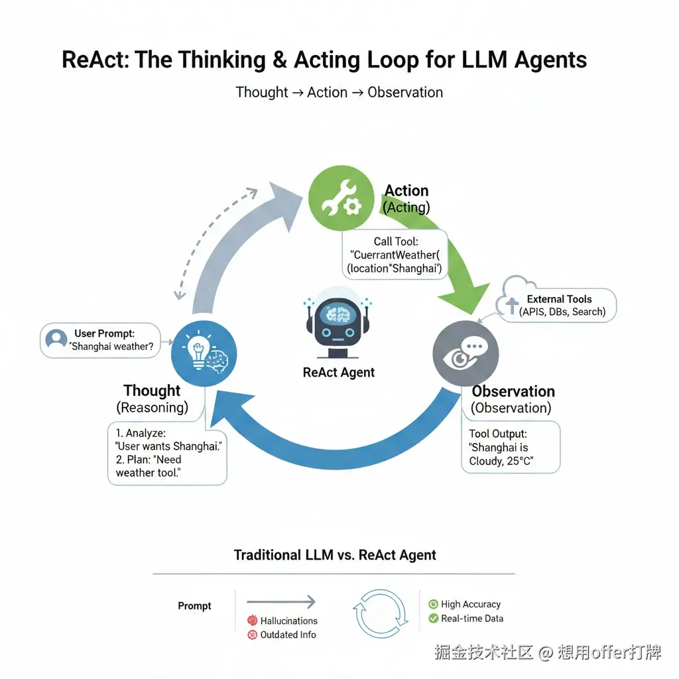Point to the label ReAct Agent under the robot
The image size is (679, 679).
pyautogui.click(x=338, y=373)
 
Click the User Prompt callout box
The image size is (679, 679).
pyautogui.click(x=101, y=340)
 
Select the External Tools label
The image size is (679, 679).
pyautogui.click(x=559, y=299)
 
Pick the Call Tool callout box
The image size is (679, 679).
pyautogui.click(x=395, y=255)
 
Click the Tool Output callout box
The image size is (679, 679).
pyautogui.click(x=510, y=448)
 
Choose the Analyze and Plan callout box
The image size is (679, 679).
pyautogui.click(x=167, y=453)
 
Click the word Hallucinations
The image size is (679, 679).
pyautogui.click(x=288, y=621)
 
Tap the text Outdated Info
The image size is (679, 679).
pyautogui.click(x=288, y=635)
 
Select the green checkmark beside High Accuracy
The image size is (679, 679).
pyautogui.click(x=433, y=604)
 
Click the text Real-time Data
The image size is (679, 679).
pyautogui.click(x=472, y=619)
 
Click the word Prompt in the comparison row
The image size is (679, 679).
pyautogui.click(x=194, y=606)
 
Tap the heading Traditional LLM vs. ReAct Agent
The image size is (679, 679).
pyautogui.click(x=335, y=555)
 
